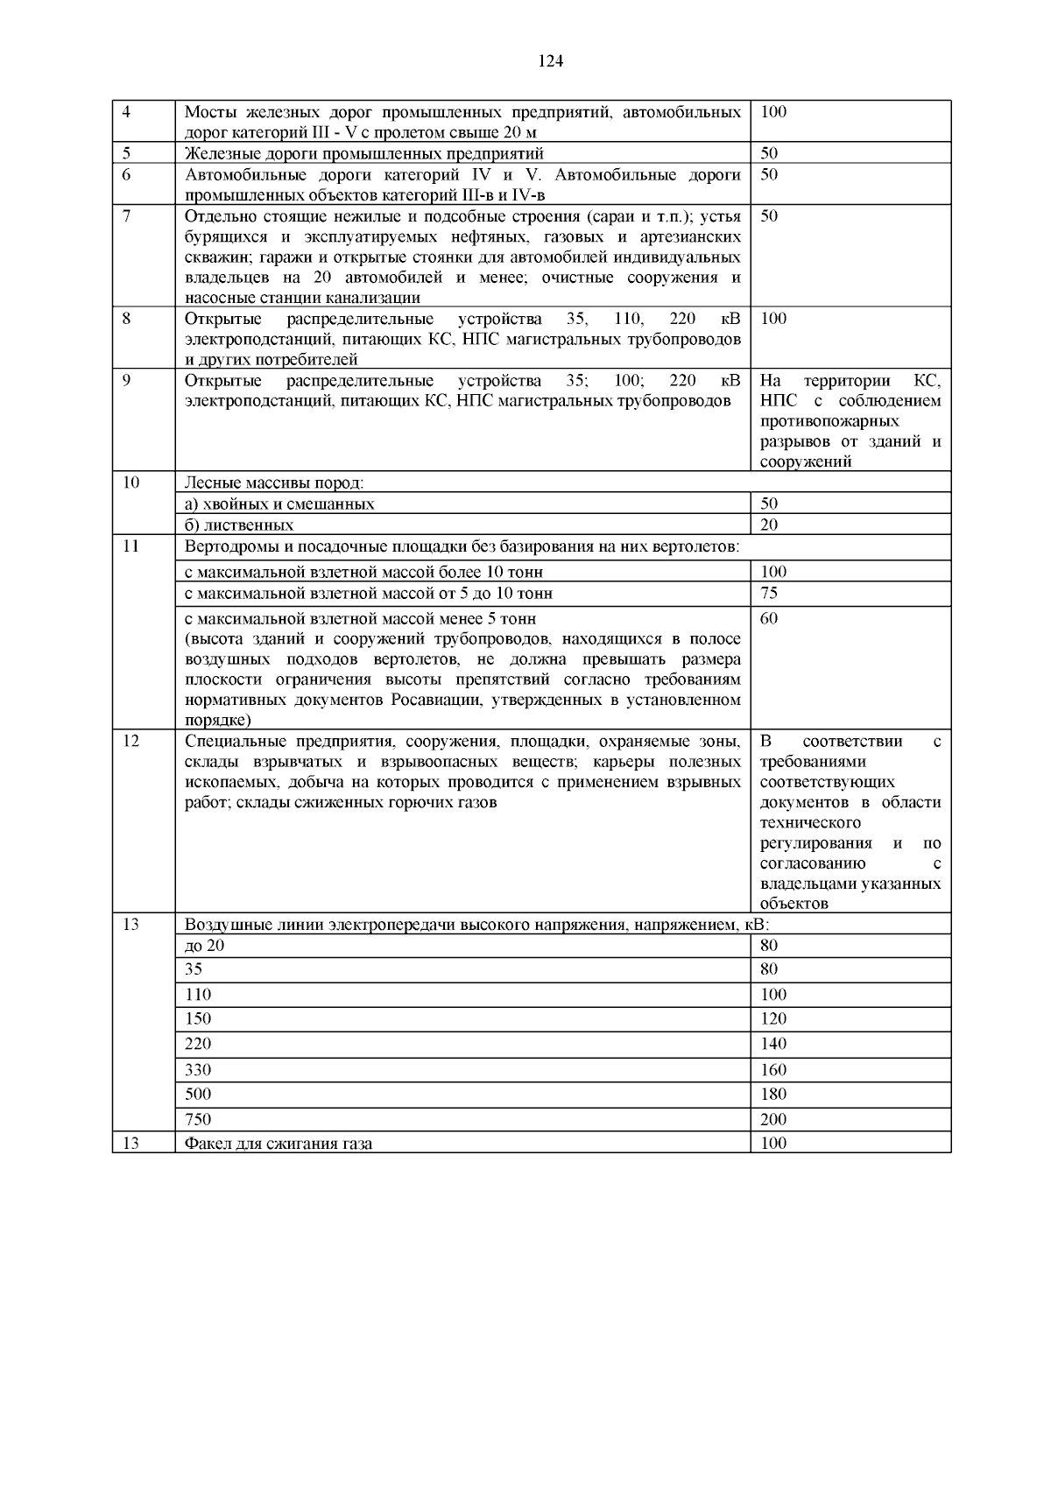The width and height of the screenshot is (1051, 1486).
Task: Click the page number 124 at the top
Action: (550, 60)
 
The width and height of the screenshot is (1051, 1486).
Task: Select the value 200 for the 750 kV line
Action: (773, 1119)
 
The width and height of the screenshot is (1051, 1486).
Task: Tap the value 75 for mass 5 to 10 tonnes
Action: (769, 593)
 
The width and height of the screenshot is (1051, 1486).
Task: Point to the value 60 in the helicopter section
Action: (769, 618)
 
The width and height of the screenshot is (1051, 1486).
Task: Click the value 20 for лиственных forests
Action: (769, 525)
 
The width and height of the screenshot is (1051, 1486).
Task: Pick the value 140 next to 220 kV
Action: (773, 1044)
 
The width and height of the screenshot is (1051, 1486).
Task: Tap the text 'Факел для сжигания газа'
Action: (279, 1143)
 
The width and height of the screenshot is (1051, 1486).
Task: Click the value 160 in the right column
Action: (773, 1069)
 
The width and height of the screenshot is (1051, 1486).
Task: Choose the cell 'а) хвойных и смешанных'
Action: (279, 504)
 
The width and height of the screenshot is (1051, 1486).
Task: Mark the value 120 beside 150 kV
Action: (773, 1018)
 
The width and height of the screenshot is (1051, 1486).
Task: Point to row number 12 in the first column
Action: (130, 741)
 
